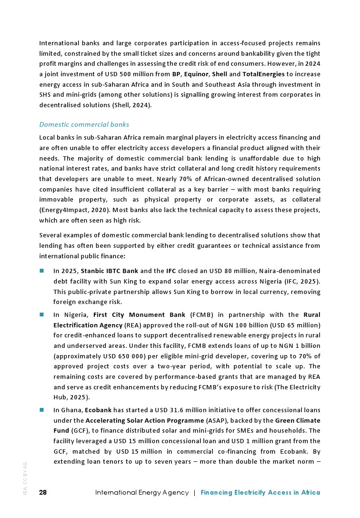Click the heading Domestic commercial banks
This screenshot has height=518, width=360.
84,125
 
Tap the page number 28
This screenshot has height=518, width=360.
43,492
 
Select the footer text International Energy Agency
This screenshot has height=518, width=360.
141,492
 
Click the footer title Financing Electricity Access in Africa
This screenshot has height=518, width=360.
260,492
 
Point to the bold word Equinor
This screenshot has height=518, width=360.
196,74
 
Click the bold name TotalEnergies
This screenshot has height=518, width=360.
263,74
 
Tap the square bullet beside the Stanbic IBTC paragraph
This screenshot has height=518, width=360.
42,271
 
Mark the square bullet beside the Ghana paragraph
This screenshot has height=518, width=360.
42,410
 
